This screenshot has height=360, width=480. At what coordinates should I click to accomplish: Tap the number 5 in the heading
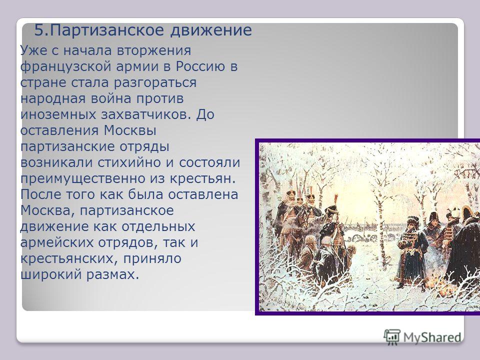[39, 30]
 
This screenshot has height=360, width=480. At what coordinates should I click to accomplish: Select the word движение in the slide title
[211, 30]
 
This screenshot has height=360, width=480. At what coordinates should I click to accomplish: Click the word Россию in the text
[200, 66]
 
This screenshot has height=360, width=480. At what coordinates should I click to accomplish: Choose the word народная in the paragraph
[53, 98]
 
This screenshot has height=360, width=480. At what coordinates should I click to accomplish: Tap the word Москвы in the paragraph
[130, 130]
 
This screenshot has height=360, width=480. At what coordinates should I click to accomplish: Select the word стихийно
[129, 162]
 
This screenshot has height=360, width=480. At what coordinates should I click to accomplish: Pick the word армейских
[56, 243]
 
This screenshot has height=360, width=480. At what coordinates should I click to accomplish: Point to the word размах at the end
[112, 274]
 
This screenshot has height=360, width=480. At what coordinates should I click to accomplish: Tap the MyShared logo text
[432, 337]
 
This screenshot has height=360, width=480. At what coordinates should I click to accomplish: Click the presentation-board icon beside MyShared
[392, 337]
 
